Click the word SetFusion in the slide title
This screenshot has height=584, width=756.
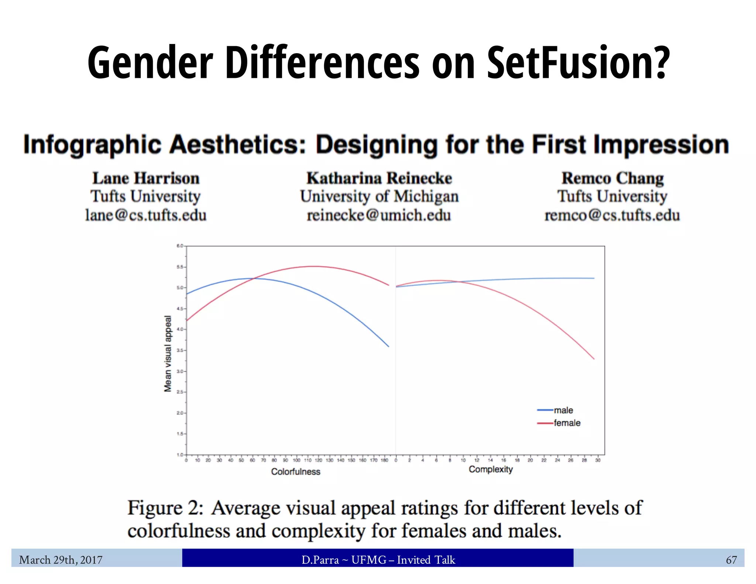578,63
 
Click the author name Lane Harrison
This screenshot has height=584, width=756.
146,178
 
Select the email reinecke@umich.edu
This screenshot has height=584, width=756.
379,215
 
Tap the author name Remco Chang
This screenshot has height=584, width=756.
612,178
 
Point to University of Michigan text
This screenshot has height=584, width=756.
379,196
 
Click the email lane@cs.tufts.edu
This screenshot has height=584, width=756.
145,215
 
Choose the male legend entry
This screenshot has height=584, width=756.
563,410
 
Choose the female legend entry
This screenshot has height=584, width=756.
567,423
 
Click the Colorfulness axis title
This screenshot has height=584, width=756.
296,472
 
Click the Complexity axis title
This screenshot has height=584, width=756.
491,470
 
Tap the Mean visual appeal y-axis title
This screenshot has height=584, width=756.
168,354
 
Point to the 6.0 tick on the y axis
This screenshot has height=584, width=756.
180,246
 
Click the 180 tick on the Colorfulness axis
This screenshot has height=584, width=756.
384,460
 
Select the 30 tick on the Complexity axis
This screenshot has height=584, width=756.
598,460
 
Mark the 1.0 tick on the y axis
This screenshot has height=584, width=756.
180,455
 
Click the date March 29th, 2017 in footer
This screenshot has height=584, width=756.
61,560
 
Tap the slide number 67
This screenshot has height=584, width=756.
731,560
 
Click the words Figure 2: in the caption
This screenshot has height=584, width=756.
165,508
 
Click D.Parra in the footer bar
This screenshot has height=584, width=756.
320,560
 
